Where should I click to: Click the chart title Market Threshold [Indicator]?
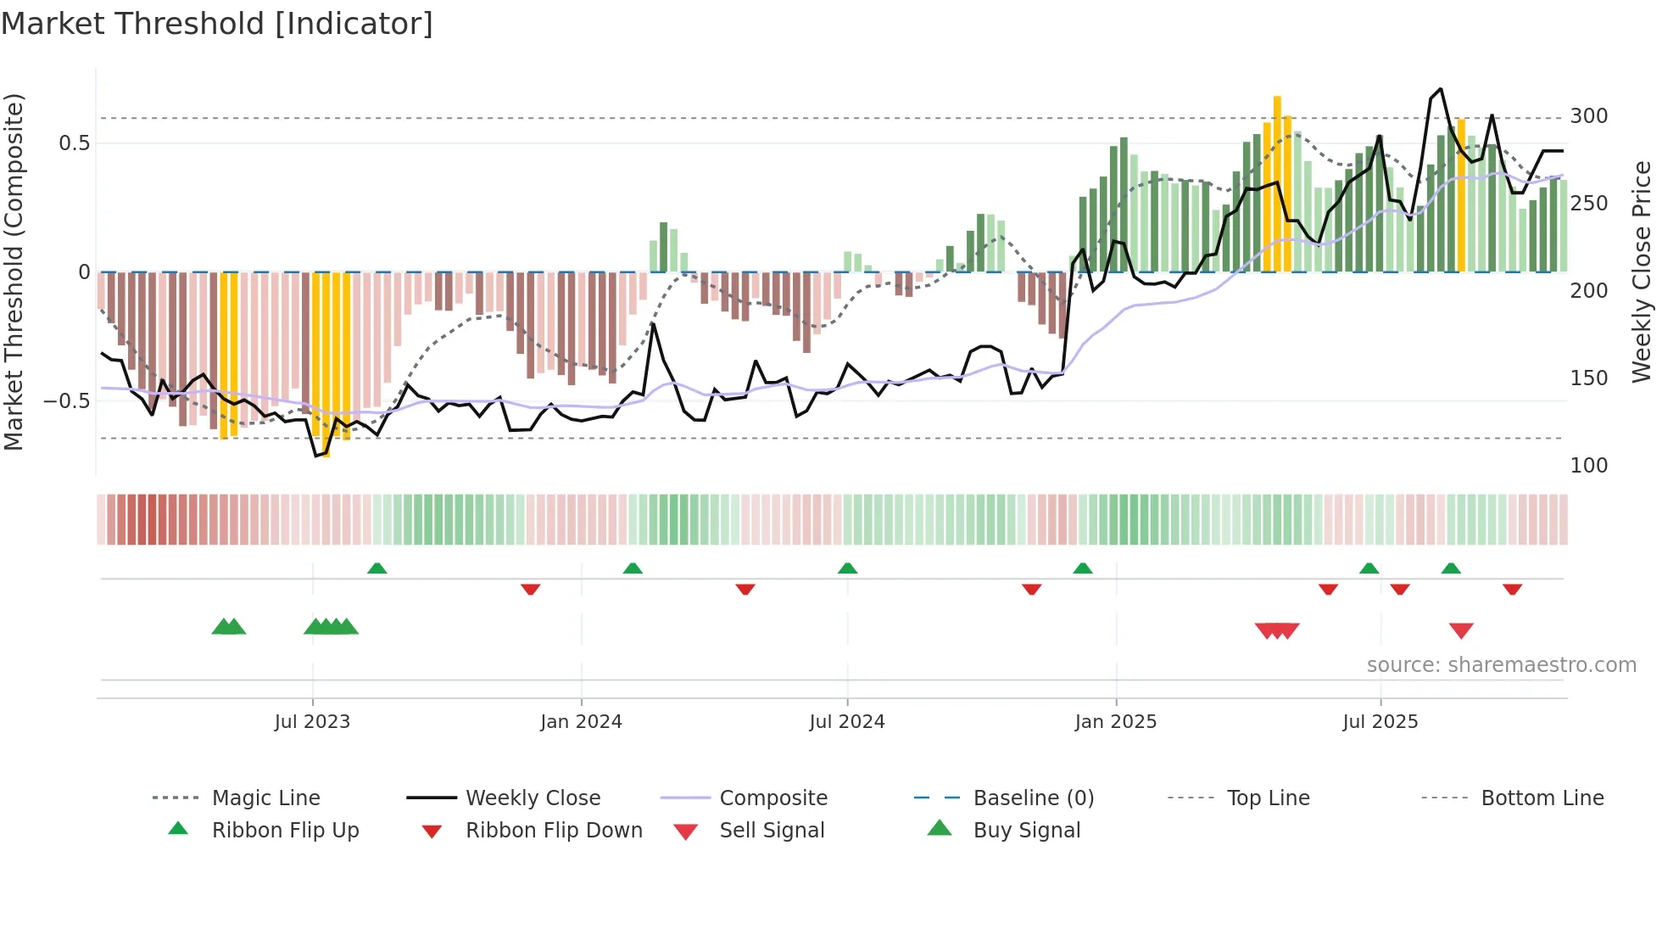[x=217, y=24]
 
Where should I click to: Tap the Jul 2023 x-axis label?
[x=312, y=722]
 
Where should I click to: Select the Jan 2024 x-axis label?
[x=581, y=722]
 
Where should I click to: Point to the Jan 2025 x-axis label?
[x=1115, y=722]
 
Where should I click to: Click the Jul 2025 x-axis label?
[x=1380, y=722]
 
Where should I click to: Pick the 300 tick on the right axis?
[x=1588, y=116]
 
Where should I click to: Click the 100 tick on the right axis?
[x=1588, y=466]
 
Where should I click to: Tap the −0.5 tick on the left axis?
[x=66, y=400]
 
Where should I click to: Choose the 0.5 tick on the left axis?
[x=74, y=143]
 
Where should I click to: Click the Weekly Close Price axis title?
[x=1642, y=272]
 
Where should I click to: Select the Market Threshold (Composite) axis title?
[x=14, y=272]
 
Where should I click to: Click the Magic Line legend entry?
[x=265, y=798]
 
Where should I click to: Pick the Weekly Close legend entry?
[x=533, y=798]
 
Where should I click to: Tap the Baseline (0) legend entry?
[x=1033, y=798]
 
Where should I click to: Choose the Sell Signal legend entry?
[x=772, y=831]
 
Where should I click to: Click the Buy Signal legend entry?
[x=1026, y=831]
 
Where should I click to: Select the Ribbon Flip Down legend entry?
[x=554, y=831]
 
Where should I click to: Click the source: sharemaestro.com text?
[x=1501, y=665]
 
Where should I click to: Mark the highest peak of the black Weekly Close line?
[x=1441, y=89]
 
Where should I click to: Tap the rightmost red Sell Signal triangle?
[x=1461, y=630]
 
